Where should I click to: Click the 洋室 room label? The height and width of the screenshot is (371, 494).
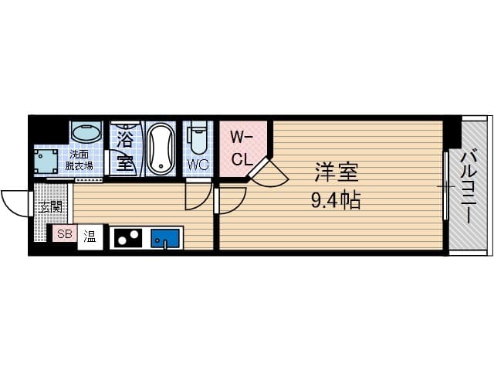click(x=337, y=172)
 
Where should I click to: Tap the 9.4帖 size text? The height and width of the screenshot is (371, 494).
click(x=336, y=199)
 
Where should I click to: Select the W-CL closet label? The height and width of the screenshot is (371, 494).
click(x=242, y=149)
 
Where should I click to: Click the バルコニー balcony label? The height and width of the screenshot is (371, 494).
click(x=469, y=187)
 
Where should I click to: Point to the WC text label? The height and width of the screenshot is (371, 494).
click(x=198, y=165)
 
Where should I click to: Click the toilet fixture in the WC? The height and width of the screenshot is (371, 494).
click(x=198, y=138)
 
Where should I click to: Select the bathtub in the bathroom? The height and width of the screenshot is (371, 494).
click(x=161, y=148)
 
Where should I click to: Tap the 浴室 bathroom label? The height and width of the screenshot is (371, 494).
click(x=125, y=151)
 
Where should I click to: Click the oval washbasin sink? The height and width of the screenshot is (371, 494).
click(x=86, y=131)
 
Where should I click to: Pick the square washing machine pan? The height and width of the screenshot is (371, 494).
click(x=46, y=161)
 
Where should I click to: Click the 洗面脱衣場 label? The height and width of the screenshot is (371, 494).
click(x=79, y=161)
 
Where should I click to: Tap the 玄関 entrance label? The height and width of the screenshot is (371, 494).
click(x=50, y=207)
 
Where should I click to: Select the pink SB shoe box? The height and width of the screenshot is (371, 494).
click(x=65, y=233)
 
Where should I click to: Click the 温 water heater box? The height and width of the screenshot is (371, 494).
click(x=90, y=237)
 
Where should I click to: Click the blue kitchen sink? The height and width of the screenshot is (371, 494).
click(x=165, y=238)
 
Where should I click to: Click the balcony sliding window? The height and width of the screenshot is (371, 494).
click(x=445, y=185)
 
